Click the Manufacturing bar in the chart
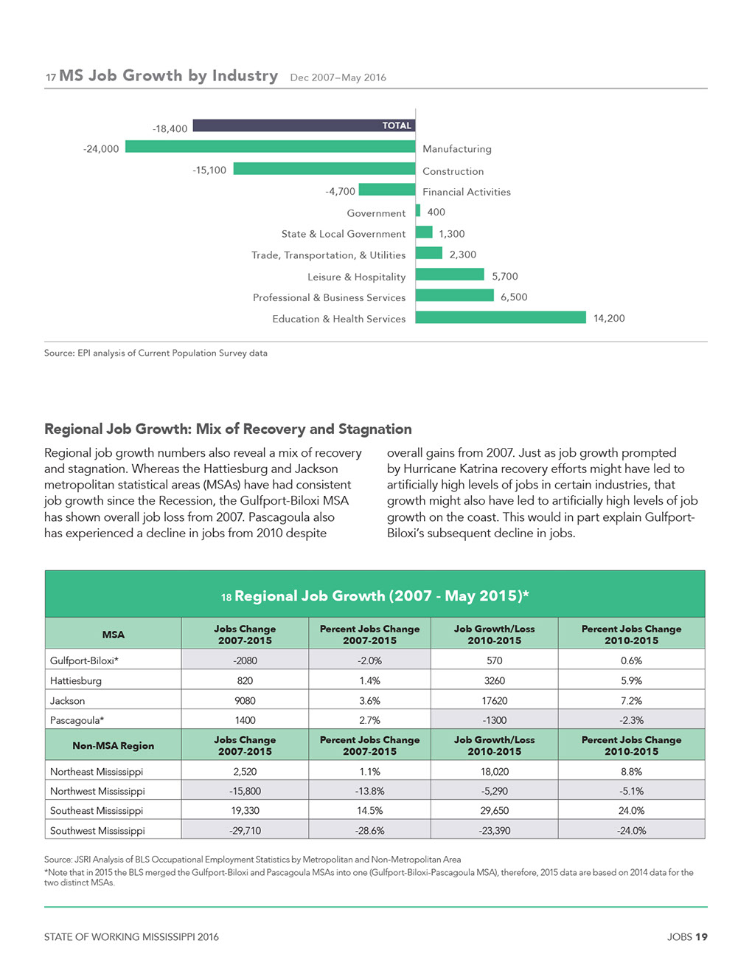[x=270, y=147]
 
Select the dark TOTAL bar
[x=304, y=125]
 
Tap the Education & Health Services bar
[x=501, y=317]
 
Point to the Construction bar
[x=324, y=168]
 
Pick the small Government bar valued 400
[x=418, y=211]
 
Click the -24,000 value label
[x=101, y=149]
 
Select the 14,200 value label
[x=609, y=318]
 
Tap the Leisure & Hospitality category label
[x=357, y=277]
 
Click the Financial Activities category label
[x=467, y=192]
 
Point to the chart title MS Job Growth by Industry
[x=168, y=75]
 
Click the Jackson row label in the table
[x=67, y=700]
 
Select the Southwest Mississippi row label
[x=97, y=831]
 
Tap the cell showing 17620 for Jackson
[x=495, y=700]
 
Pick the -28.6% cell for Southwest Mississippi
[x=369, y=831]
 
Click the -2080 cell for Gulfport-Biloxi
[x=245, y=660]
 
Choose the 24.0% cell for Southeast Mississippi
[x=631, y=810]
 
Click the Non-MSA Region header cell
[x=114, y=745]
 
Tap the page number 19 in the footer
[x=702, y=936]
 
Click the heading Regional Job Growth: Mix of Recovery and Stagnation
[x=228, y=429]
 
